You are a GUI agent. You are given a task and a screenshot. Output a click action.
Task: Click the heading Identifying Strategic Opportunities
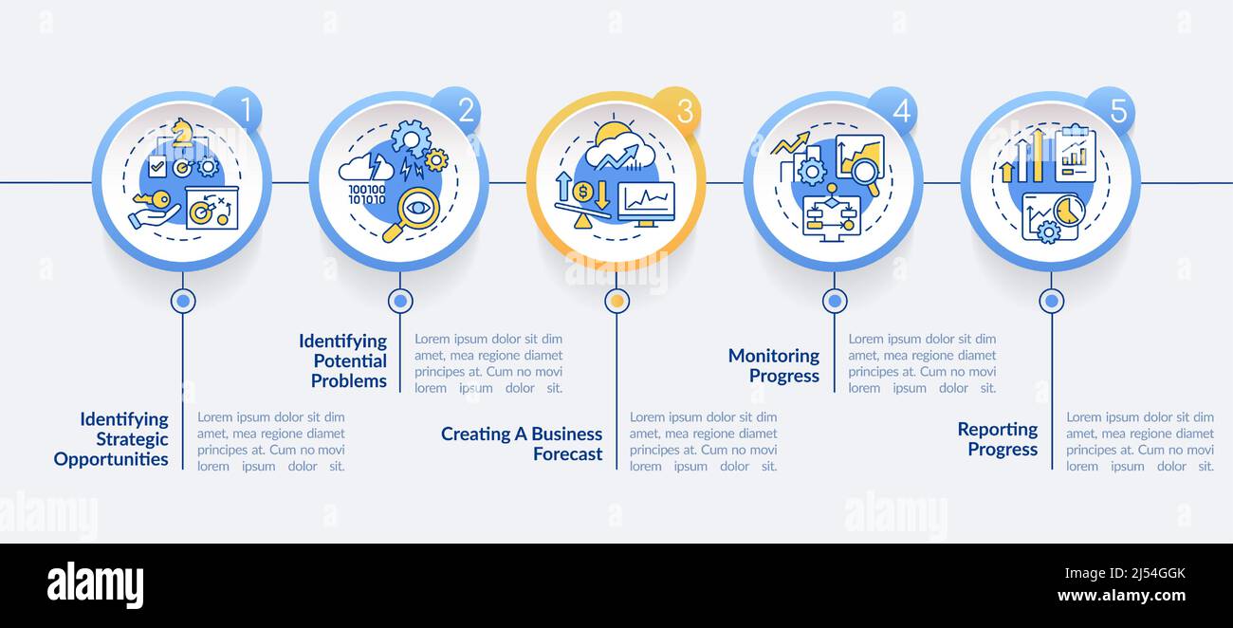112,439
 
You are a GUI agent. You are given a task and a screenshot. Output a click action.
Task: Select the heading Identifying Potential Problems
342,360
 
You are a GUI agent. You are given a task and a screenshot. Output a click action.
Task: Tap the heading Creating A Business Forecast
522,443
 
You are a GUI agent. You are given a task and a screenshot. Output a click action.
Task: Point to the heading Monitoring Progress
774,365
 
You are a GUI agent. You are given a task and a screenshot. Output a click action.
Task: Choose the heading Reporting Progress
998,438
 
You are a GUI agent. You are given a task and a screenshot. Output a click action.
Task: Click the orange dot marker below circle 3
617,301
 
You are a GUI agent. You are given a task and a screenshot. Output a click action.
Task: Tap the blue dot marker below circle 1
183,301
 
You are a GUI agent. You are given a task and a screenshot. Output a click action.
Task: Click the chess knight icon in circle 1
181,134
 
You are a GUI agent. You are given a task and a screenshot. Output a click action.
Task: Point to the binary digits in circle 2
367,195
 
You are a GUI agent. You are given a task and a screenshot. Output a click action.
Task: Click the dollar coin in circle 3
582,192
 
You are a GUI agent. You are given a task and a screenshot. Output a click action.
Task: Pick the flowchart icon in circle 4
830,216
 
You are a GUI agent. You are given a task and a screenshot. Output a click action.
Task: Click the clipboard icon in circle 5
1075,156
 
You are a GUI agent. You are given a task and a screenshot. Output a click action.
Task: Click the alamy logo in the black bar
95,584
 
